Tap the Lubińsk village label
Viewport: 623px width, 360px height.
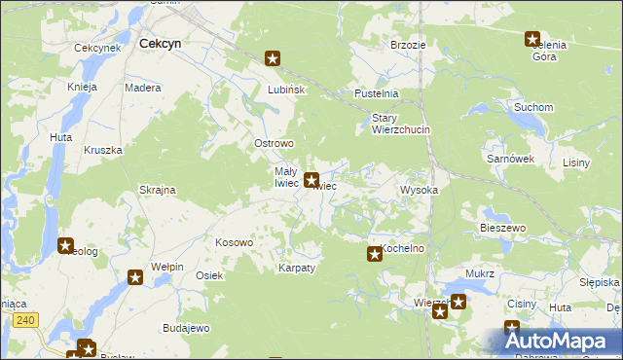point(287,90)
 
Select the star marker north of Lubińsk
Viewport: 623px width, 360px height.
point(273,58)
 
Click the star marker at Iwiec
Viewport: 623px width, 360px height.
point(311,180)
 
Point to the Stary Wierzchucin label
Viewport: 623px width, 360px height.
point(400,124)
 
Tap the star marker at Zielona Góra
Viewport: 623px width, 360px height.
point(532,40)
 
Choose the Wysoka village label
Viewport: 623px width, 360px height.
point(420,190)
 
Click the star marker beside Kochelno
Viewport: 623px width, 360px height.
point(375,254)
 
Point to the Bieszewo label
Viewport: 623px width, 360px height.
point(502,228)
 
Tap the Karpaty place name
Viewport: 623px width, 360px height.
point(297,268)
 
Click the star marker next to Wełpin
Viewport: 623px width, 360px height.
point(135,277)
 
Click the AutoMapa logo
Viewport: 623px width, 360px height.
point(563,341)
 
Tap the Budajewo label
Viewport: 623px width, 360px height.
point(186,328)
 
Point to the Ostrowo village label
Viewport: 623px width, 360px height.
point(274,143)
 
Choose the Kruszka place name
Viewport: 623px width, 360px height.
point(102,150)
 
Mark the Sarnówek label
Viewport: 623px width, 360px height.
point(509,157)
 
